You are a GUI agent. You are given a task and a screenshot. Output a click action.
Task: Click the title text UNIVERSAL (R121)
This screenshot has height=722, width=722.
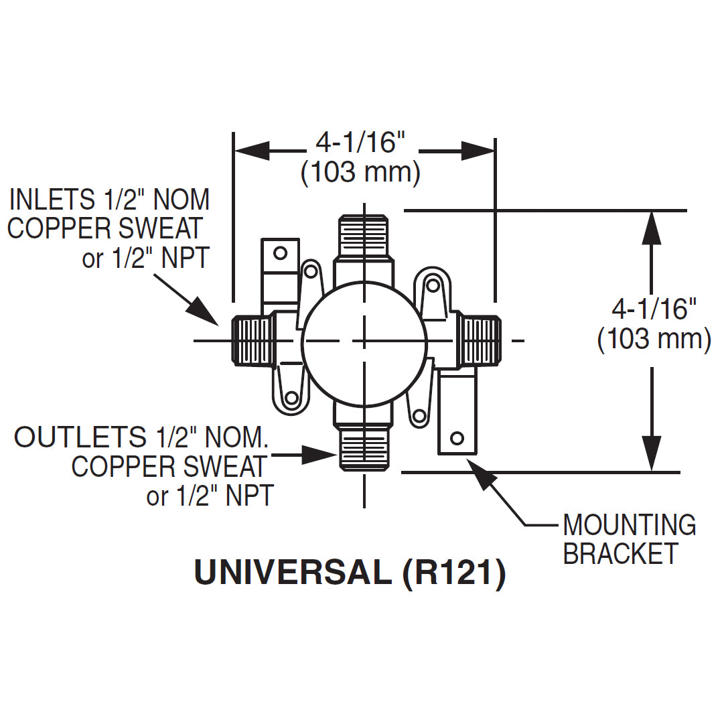(350, 573)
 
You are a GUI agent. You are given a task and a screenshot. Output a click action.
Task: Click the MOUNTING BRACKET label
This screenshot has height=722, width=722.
(629, 539)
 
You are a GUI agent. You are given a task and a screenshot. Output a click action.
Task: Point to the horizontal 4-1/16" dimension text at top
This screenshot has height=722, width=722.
(362, 142)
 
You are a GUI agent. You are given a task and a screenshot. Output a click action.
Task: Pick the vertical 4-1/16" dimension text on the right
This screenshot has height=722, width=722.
(654, 309)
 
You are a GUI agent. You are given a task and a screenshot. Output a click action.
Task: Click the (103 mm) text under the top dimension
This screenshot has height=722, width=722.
(360, 173)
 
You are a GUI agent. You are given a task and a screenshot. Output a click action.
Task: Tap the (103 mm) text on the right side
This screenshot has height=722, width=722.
(654, 339)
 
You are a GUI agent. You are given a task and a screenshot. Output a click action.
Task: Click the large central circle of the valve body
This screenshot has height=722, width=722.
(364, 342)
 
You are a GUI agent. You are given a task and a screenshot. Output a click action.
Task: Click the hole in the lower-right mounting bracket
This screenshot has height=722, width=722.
(457, 438)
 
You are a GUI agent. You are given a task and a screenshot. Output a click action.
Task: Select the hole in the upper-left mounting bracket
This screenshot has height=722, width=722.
(281, 252)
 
